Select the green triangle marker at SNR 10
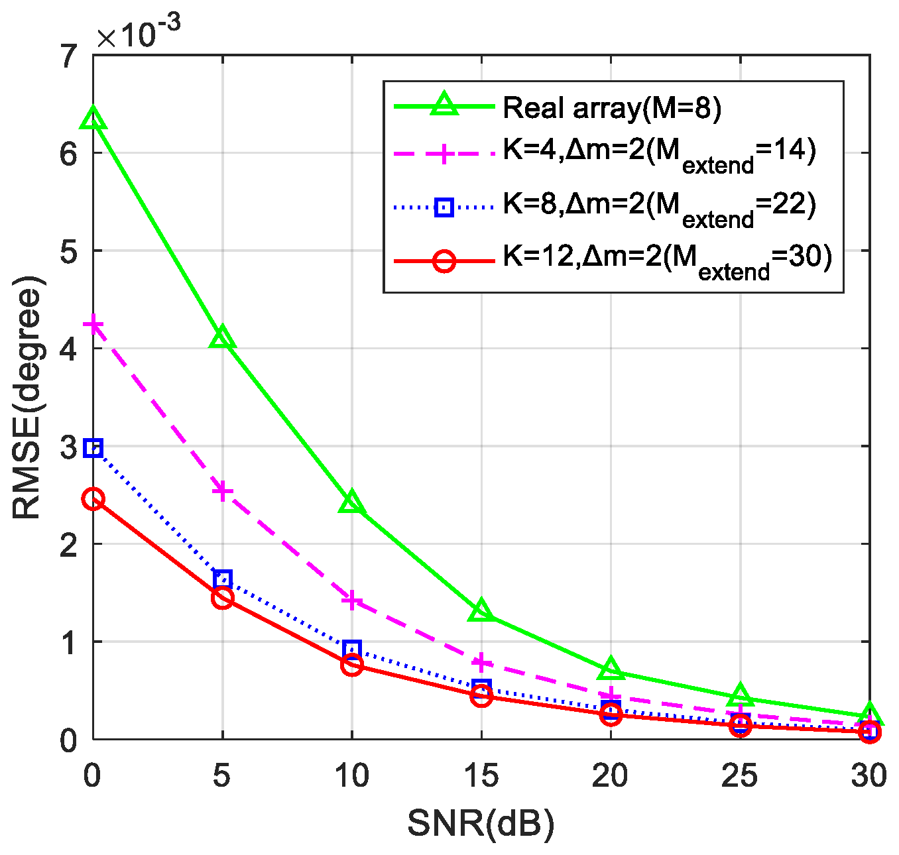(351, 502)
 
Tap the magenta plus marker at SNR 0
(93, 325)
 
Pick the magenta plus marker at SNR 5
(222, 490)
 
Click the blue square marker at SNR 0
(93, 448)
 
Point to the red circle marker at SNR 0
(93, 499)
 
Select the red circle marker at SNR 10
(351, 664)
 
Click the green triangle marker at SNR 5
(222, 338)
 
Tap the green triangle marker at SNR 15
(481, 611)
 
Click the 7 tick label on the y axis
(69, 57)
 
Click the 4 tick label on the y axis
(69, 349)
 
